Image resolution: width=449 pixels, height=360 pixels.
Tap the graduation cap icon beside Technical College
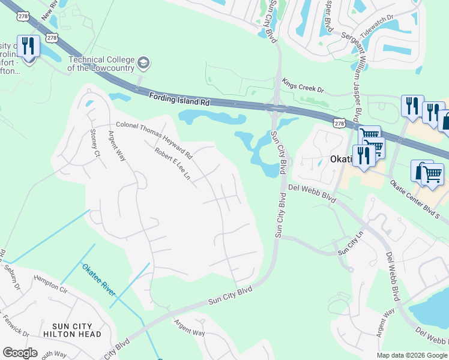point(143,62)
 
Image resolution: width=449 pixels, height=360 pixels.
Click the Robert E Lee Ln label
point(172,164)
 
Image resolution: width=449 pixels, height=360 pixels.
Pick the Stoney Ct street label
point(94,143)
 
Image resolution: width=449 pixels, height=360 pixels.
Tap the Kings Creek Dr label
point(303,86)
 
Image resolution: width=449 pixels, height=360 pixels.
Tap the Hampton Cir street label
point(51,283)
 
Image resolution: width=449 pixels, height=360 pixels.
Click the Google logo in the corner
point(20,352)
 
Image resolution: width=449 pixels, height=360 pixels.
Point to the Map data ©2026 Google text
point(411,355)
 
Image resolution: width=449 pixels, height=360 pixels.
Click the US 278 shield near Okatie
point(339,123)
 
